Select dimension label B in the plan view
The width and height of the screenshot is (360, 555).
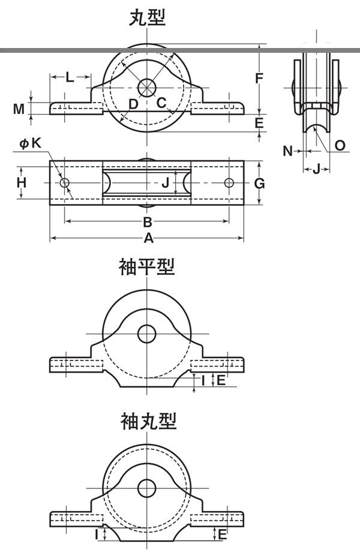point(148,222)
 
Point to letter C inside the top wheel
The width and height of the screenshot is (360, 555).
point(161,103)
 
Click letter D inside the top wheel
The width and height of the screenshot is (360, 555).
point(133,104)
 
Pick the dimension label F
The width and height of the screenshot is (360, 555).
point(259,78)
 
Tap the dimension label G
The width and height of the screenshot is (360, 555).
point(259,183)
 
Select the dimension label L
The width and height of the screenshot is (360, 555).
point(70,77)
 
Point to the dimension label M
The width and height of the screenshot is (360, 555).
point(20,109)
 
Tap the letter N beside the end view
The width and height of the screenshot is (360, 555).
point(288,151)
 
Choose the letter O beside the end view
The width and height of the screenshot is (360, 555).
point(339,146)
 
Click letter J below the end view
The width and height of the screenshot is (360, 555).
point(316,169)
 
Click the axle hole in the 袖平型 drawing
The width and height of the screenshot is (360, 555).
point(146,333)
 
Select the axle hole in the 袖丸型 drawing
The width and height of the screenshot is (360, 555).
point(146,488)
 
